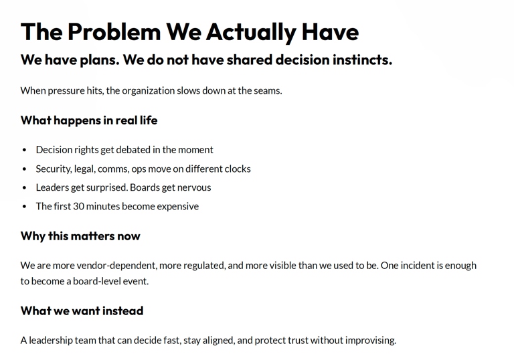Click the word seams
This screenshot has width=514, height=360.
tap(266, 90)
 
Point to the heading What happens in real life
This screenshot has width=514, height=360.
tap(89, 120)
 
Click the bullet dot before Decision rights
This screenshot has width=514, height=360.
tap(25, 150)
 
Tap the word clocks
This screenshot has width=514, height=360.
tap(236, 169)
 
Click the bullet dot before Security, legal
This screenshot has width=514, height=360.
tap(25, 169)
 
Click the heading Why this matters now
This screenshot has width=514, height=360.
tap(80, 236)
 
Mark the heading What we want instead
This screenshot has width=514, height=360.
tap(82, 310)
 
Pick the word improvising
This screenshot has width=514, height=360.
tap(369, 340)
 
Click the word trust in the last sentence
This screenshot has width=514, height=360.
tap(304, 340)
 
